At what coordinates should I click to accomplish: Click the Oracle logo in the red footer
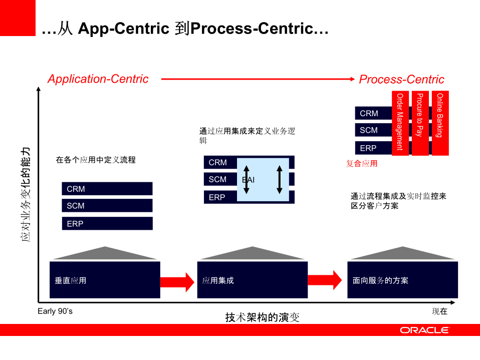point(424,330)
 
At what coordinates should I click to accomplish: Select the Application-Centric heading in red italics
point(98,79)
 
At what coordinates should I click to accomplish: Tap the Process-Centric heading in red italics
point(401,80)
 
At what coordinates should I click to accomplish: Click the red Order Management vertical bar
point(400,123)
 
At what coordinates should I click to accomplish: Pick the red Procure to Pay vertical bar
point(420,123)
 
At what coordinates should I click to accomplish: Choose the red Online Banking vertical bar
point(440,123)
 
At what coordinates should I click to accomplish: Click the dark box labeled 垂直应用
point(105,280)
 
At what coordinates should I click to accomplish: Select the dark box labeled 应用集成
point(252,280)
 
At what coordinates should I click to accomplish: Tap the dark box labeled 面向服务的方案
point(402,280)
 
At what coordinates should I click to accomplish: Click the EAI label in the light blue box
point(249,180)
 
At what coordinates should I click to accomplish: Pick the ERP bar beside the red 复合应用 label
point(373,148)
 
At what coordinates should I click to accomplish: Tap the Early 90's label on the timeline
point(55,311)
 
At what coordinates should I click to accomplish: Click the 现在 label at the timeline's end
point(439,311)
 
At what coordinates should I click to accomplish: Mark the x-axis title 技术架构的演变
point(262,317)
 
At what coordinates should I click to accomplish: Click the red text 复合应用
point(361,163)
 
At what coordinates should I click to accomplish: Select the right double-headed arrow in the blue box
point(280,179)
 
